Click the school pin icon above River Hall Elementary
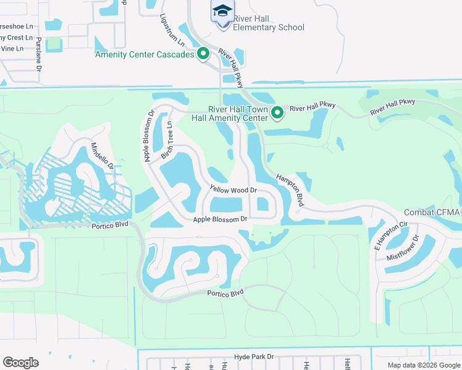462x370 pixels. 222,10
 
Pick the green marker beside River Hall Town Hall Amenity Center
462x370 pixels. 277,112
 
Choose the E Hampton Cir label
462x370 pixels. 383,236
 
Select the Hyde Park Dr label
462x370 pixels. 253,357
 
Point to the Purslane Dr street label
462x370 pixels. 38,53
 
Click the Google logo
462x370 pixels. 20,363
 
